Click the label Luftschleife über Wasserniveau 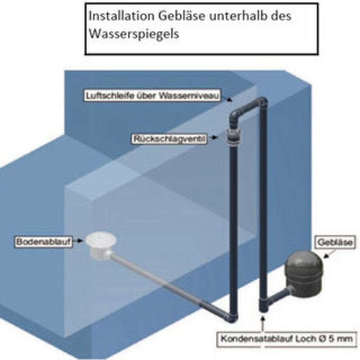(x=153, y=95)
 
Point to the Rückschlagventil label (x=167, y=139)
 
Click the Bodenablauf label (x=45, y=242)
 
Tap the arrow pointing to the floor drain (x=79, y=242)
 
